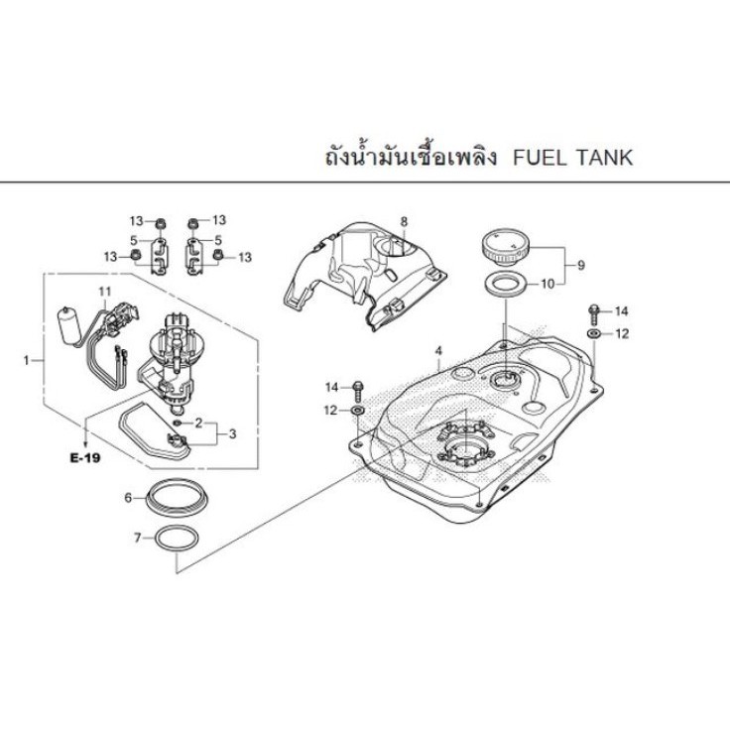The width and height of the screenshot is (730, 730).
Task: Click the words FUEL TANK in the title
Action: click(572, 158)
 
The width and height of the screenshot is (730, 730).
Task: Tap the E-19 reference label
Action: click(85, 458)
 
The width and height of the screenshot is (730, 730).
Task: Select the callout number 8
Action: click(404, 221)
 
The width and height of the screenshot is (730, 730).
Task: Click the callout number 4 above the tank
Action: click(438, 350)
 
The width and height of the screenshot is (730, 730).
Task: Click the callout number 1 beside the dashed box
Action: click(27, 360)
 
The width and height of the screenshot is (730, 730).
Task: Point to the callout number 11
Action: click(105, 292)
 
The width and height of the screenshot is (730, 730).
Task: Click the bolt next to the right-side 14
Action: click(594, 314)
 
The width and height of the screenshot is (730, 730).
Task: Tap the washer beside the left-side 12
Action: click(358, 411)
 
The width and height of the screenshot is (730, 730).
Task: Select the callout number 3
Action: click(232, 433)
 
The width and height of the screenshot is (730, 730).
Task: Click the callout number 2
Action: click(198, 423)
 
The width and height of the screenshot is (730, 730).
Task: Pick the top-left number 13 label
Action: click(137, 220)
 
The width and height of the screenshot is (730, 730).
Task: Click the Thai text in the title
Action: click(411, 157)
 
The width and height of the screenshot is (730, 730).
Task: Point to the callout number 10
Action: click(547, 284)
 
